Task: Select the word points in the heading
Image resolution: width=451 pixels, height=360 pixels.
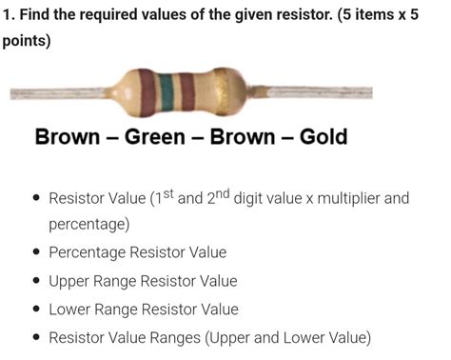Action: tap(26, 42)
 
